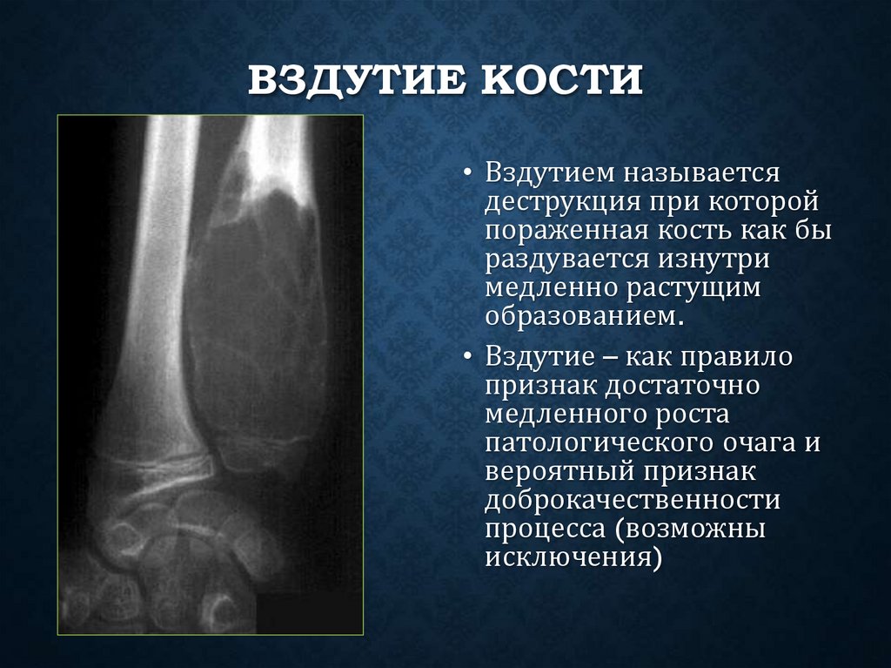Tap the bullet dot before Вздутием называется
[x=467, y=172]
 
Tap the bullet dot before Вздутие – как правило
[x=467, y=358]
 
